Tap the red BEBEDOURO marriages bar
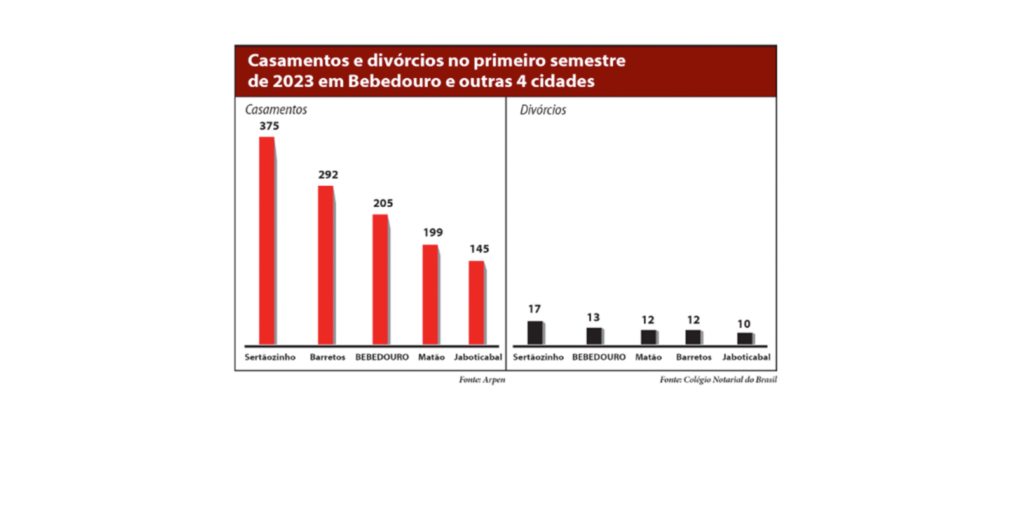tap(380, 279)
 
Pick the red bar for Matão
tap(430, 295)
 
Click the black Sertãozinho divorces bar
tap(535, 333)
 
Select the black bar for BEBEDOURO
tap(594, 336)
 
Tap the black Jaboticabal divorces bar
tap(744, 338)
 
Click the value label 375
tap(269, 126)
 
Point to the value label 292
tap(328, 174)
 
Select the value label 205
tap(383, 203)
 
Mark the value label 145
tap(479, 249)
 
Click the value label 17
tap(534, 309)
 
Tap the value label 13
tap(593, 317)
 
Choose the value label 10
tap(744, 324)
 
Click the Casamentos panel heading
tap(276, 109)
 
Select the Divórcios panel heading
tap(543, 110)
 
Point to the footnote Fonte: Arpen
tap(482, 380)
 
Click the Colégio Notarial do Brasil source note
tap(718, 380)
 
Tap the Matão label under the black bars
tap(648, 357)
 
